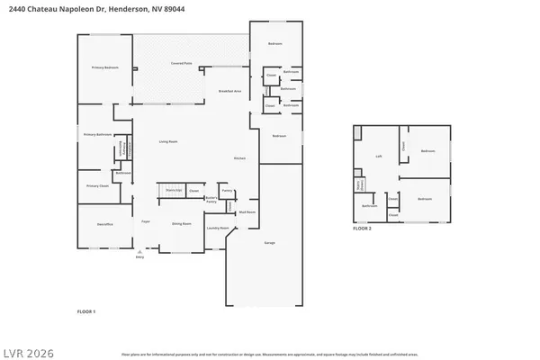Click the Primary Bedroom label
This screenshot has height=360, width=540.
(x=104, y=68)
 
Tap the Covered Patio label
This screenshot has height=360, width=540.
(x=182, y=63)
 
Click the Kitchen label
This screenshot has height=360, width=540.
(x=240, y=158)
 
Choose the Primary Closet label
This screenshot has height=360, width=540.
(x=97, y=185)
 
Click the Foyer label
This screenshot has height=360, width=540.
(x=144, y=220)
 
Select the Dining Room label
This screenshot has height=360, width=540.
(x=181, y=223)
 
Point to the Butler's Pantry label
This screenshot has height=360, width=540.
(x=211, y=200)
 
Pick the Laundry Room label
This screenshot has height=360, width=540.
(x=216, y=229)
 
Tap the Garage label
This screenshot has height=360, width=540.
(x=269, y=243)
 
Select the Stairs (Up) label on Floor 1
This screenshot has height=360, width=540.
(x=175, y=191)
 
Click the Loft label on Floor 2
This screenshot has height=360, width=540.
(x=380, y=156)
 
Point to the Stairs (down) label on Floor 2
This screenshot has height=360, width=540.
(x=359, y=185)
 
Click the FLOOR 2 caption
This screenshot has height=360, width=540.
(x=362, y=229)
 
